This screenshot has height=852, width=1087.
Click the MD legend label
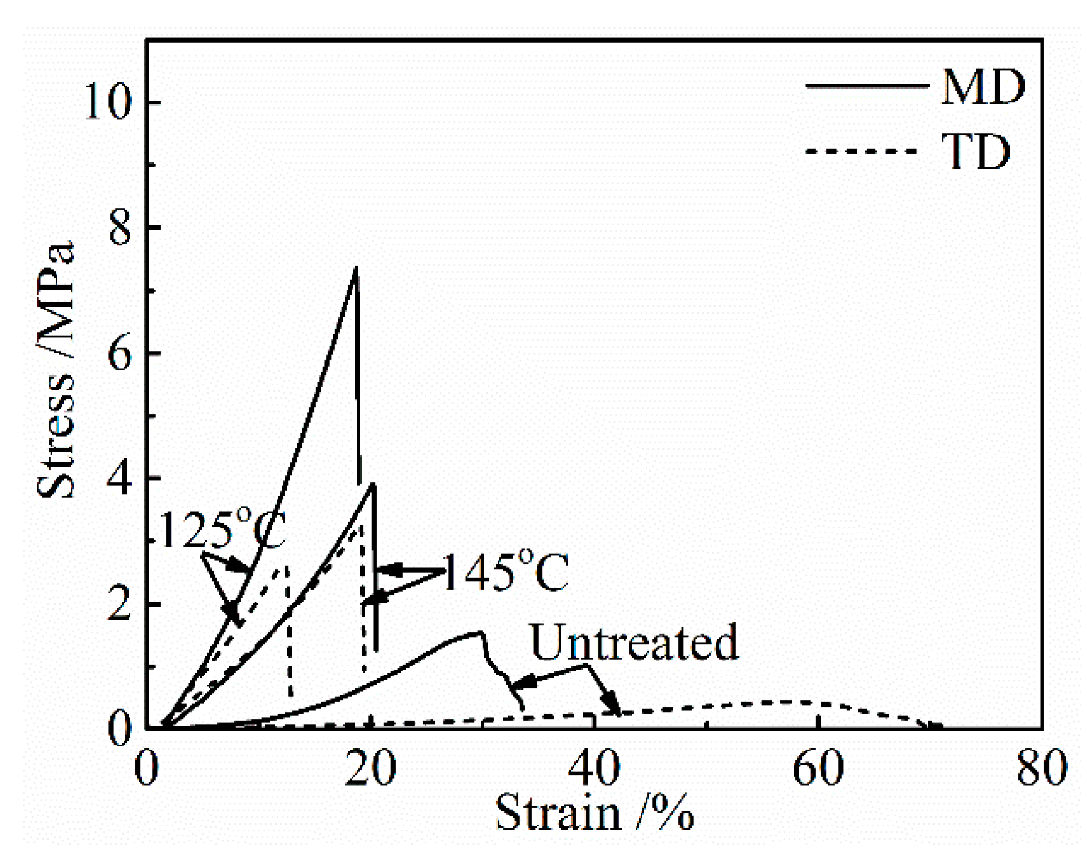(982, 86)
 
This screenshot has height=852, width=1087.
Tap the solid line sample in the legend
(867, 86)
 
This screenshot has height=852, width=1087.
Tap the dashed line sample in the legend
(862, 151)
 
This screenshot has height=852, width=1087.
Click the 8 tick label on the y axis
(120, 228)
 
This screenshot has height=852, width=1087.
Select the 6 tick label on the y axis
(120, 353)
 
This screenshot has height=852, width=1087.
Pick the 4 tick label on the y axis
(120, 478)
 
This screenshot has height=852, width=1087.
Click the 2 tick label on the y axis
(120, 603)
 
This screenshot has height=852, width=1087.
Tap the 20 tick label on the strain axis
(370, 768)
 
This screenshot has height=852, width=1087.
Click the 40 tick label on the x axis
(594, 768)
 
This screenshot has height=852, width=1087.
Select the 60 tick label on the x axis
(817, 768)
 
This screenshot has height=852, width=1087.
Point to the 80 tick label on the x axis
(1041, 768)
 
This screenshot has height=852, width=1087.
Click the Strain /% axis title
(594, 813)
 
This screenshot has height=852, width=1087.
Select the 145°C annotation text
(506, 572)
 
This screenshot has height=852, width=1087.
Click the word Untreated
(634, 642)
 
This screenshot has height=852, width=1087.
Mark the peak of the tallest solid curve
(356, 268)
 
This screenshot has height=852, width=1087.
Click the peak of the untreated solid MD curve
(480, 633)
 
